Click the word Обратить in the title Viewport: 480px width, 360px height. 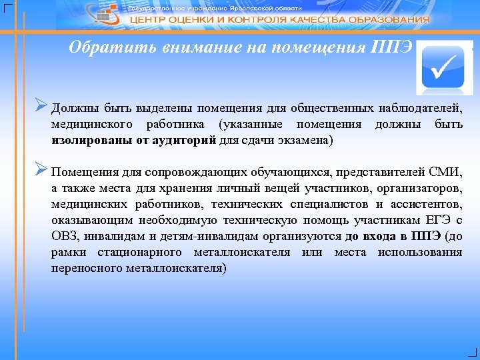tap(104, 48)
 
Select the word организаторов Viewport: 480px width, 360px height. tap(417, 188)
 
